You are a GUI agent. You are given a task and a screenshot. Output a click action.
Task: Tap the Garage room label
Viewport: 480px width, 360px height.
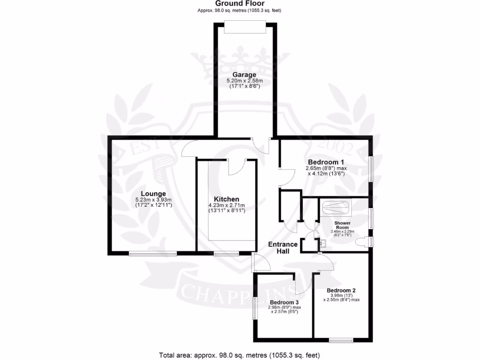pyautogui.click(x=245, y=75)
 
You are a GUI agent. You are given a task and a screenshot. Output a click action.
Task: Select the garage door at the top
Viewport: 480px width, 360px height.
pyautogui.click(x=245, y=27)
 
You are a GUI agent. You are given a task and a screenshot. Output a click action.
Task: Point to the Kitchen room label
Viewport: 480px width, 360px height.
pyautogui.click(x=226, y=199)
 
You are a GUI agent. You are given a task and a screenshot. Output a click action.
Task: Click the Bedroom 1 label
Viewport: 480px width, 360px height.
pyautogui.click(x=326, y=162)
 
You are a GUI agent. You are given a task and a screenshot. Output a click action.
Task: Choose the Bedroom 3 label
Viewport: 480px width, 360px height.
pyautogui.click(x=284, y=302)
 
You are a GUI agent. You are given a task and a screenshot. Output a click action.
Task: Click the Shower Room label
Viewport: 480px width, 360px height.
pyautogui.click(x=342, y=225)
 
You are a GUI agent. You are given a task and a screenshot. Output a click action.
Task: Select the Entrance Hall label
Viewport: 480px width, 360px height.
pyautogui.click(x=283, y=247)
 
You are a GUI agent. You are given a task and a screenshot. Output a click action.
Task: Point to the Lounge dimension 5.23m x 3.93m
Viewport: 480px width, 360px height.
pyautogui.click(x=154, y=200)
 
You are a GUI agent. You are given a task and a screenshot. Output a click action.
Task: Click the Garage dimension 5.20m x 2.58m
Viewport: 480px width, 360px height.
pyautogui.click(x=245, y=81)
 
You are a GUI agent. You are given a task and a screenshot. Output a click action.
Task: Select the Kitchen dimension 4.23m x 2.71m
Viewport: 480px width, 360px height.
pyautogui.click(x=226, y=206)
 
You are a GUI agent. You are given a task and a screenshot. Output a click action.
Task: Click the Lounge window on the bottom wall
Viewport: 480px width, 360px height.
pyautogui.click(x=153, y=254)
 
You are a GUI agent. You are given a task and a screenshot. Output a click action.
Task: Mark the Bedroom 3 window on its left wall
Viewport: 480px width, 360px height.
pyautogui.click(x=254, y=308)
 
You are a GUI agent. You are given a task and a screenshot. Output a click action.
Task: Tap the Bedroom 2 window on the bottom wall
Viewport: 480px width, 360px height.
pyautogui.click(x=341, y=340)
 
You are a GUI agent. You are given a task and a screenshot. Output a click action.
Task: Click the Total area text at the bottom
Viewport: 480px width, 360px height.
pyautogui.click(x=240, y=354)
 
